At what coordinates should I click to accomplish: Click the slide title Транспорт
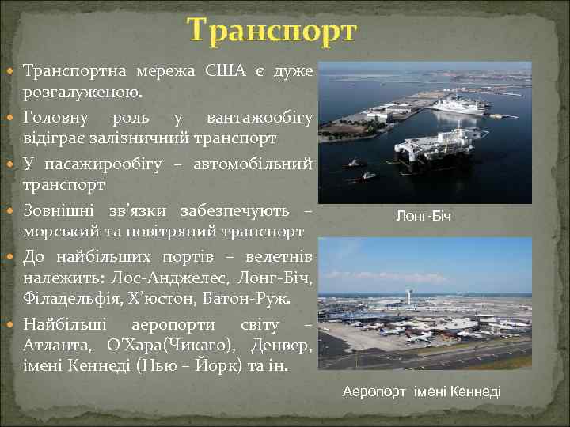click(273, 31)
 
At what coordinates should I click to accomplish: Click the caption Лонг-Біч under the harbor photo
click(424, 216)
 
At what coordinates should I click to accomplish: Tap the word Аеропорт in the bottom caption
click(375, 391)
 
